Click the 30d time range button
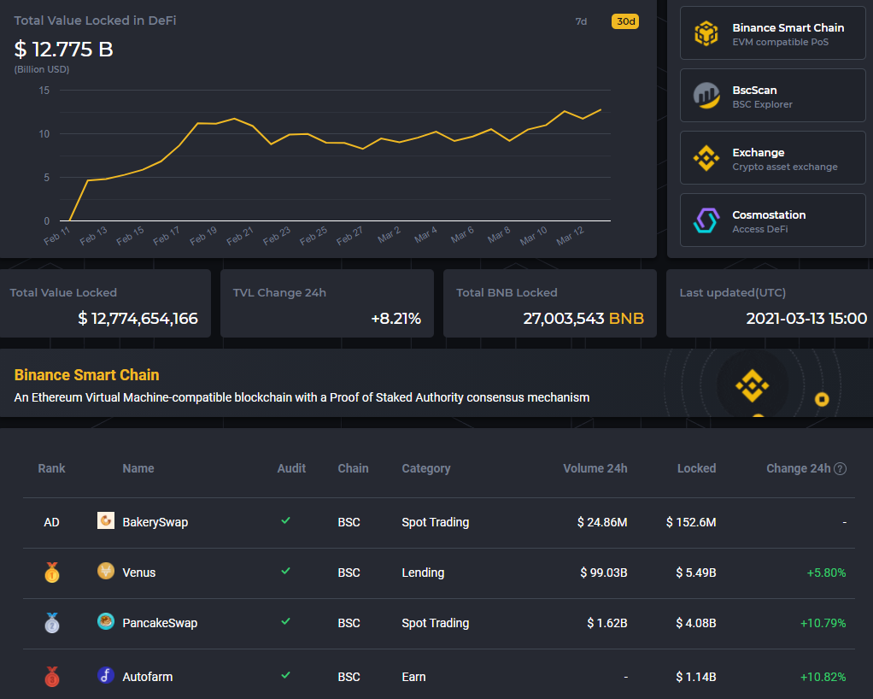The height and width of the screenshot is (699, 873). [x=625, y=21]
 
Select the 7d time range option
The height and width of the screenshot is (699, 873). [x=581, y=21]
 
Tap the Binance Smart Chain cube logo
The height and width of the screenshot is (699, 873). [x=706, y=34]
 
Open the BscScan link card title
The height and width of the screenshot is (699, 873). [x=754, y=90]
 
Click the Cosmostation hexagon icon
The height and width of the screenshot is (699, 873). [x=706, y=220]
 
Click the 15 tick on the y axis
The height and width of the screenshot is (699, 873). [x=44, y=91]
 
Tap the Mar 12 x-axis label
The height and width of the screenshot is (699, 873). [x=570, y=236]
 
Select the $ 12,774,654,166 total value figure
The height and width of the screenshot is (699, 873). [x=138, y=319]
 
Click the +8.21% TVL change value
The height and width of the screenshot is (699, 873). [x=395, y=319]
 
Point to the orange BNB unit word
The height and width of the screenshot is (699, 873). [x=626, y=319]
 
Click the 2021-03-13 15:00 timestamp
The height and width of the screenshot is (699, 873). [x=806, y=319]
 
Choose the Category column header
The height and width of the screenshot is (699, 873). [x=425, y=468]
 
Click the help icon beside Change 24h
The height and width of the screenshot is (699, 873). [x=841, y=468]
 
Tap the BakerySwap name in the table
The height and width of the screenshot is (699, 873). [x=155, y=522]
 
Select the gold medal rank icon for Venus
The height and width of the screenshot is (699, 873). [x=52, y=573]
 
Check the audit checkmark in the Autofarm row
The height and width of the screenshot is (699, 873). [x=286, y=675]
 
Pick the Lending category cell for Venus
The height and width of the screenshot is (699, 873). [x=423, y=573]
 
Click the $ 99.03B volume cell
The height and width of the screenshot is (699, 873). [x=602, y=573]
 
